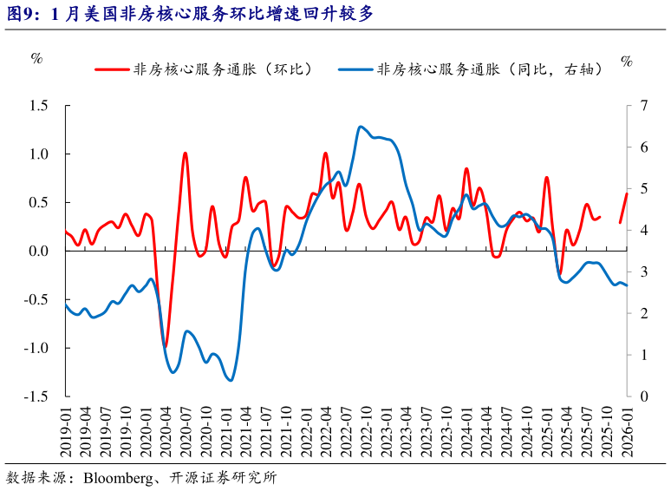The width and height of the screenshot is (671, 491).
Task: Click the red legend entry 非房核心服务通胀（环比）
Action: click(217, 69)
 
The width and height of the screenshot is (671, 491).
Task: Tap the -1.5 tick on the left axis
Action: click(36, 396)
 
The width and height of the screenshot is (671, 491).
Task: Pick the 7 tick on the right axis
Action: click(642, 105)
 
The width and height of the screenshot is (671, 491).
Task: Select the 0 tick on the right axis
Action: click(642, 396)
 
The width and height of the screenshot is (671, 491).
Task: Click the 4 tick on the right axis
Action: click(642, 230)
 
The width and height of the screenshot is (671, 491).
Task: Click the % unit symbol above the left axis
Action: click(36, 58)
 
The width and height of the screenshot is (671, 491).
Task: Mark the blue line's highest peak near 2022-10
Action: click(361, 127)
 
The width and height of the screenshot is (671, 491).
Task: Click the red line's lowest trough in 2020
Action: click(166, 346)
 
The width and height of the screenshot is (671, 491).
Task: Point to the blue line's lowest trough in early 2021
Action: click(230, 380)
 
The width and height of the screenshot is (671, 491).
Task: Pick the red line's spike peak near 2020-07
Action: click(186, 154)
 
